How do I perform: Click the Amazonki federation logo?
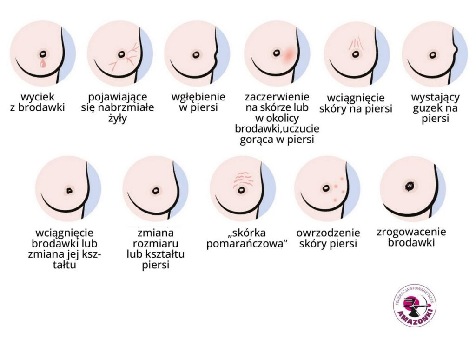(x=414, y=305)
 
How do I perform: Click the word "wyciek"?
(x=38, y=98)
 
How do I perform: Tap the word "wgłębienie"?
(x=198, y=98)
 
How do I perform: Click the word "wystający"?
(x=435, y=98)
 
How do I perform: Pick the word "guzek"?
(x=425, y=108)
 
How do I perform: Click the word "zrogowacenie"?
(x=411, y=233)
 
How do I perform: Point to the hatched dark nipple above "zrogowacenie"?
(x=410, y=186)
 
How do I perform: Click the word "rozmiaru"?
(x=156, y=244)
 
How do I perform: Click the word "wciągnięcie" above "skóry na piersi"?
(x=356, y=99)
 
